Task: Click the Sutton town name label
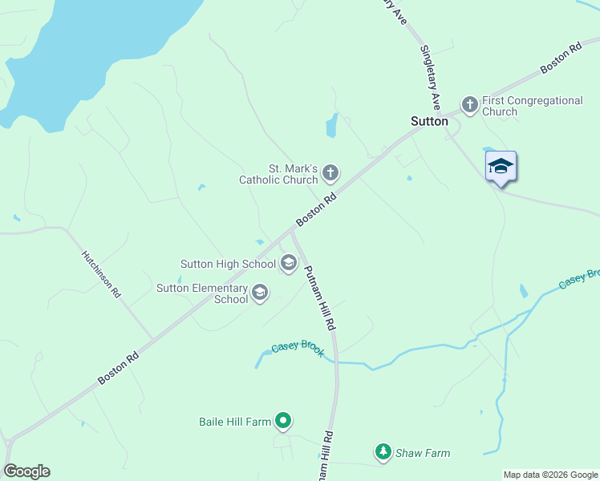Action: (x=429, y=121)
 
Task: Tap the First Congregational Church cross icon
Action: (x=469, y=104)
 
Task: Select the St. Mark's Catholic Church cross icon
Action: (x=330, y=172)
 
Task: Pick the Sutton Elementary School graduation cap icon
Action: (x=259, y=293)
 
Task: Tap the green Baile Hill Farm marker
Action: (x=282, y=420)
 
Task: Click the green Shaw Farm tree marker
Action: (x=383, y=453)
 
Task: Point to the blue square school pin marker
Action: (x=501, y=167)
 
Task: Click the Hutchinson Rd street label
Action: (x=101, y=274)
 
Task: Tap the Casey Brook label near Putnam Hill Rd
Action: (x=298, y=349)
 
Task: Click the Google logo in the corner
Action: (x=26, y=471)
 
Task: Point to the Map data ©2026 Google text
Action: (x=550, y=475)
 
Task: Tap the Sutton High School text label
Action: (x=228, y=264)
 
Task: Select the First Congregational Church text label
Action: (x=533, y=106)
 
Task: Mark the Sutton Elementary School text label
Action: (x=202, y=293)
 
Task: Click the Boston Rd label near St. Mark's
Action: (x=314, y=208)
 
